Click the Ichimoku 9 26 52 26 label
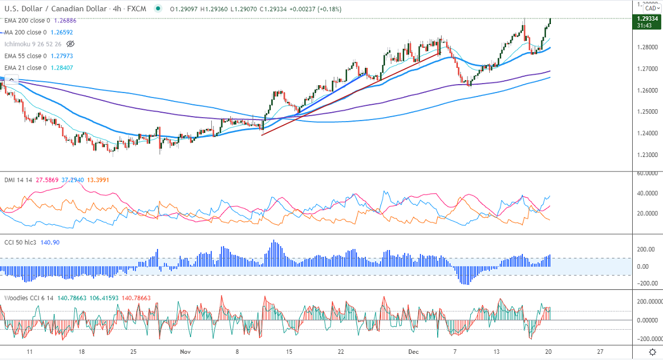pyautogui.click(x=33, y=44)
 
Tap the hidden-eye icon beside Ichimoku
pyautogui.click(x=71, y=44)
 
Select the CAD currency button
pyautogui.click(x=651, y=8)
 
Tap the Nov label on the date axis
pyautogui.click(x=186, y=352)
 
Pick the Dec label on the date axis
pyautogui.click(x=414, y=352)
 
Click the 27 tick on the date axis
pyautogui.click(x=600, y=352)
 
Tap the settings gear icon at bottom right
pyautogui.click(x=652, y=352)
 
